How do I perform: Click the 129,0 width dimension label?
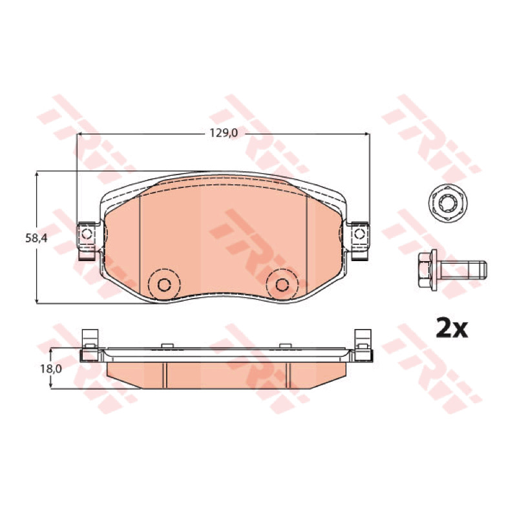click(224, 133)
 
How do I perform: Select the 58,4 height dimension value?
click(36, 238)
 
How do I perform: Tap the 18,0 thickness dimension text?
click(51, 368)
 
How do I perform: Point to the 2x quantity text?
click(452, 328)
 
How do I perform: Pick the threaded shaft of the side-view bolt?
click(463, 270)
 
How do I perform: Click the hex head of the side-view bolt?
click(425, 270)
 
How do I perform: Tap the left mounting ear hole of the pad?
click(87, 234)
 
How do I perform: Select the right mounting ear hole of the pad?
click(359, 234)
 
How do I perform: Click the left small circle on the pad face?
click(164, 284)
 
